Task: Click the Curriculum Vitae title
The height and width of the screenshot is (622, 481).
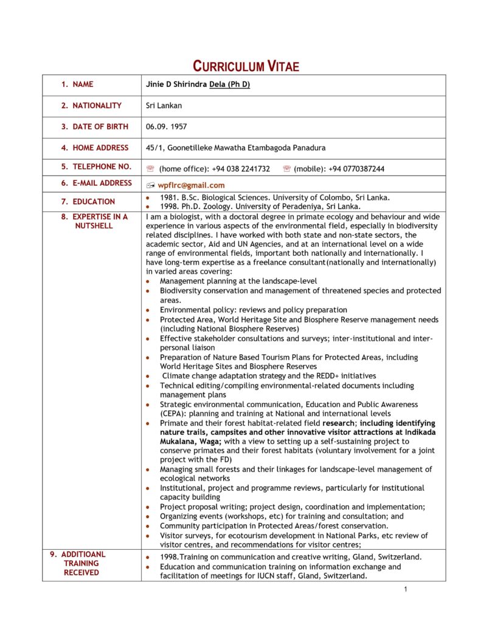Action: point(246,66)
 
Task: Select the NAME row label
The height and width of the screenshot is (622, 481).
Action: point(83,84)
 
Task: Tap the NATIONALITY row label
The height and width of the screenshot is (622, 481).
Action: point(97,106)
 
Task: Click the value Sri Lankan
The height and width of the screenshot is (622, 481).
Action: point(164,106)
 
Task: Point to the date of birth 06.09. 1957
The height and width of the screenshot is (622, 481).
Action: point(166,127)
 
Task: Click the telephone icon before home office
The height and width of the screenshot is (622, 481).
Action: point(151,169)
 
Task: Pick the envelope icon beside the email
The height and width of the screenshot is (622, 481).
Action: point(151,185)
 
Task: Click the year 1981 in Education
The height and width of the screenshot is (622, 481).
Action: point(168,197)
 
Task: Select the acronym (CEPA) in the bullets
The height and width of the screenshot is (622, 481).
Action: point(173,414)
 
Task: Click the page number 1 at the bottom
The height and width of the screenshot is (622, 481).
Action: point(405,589)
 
